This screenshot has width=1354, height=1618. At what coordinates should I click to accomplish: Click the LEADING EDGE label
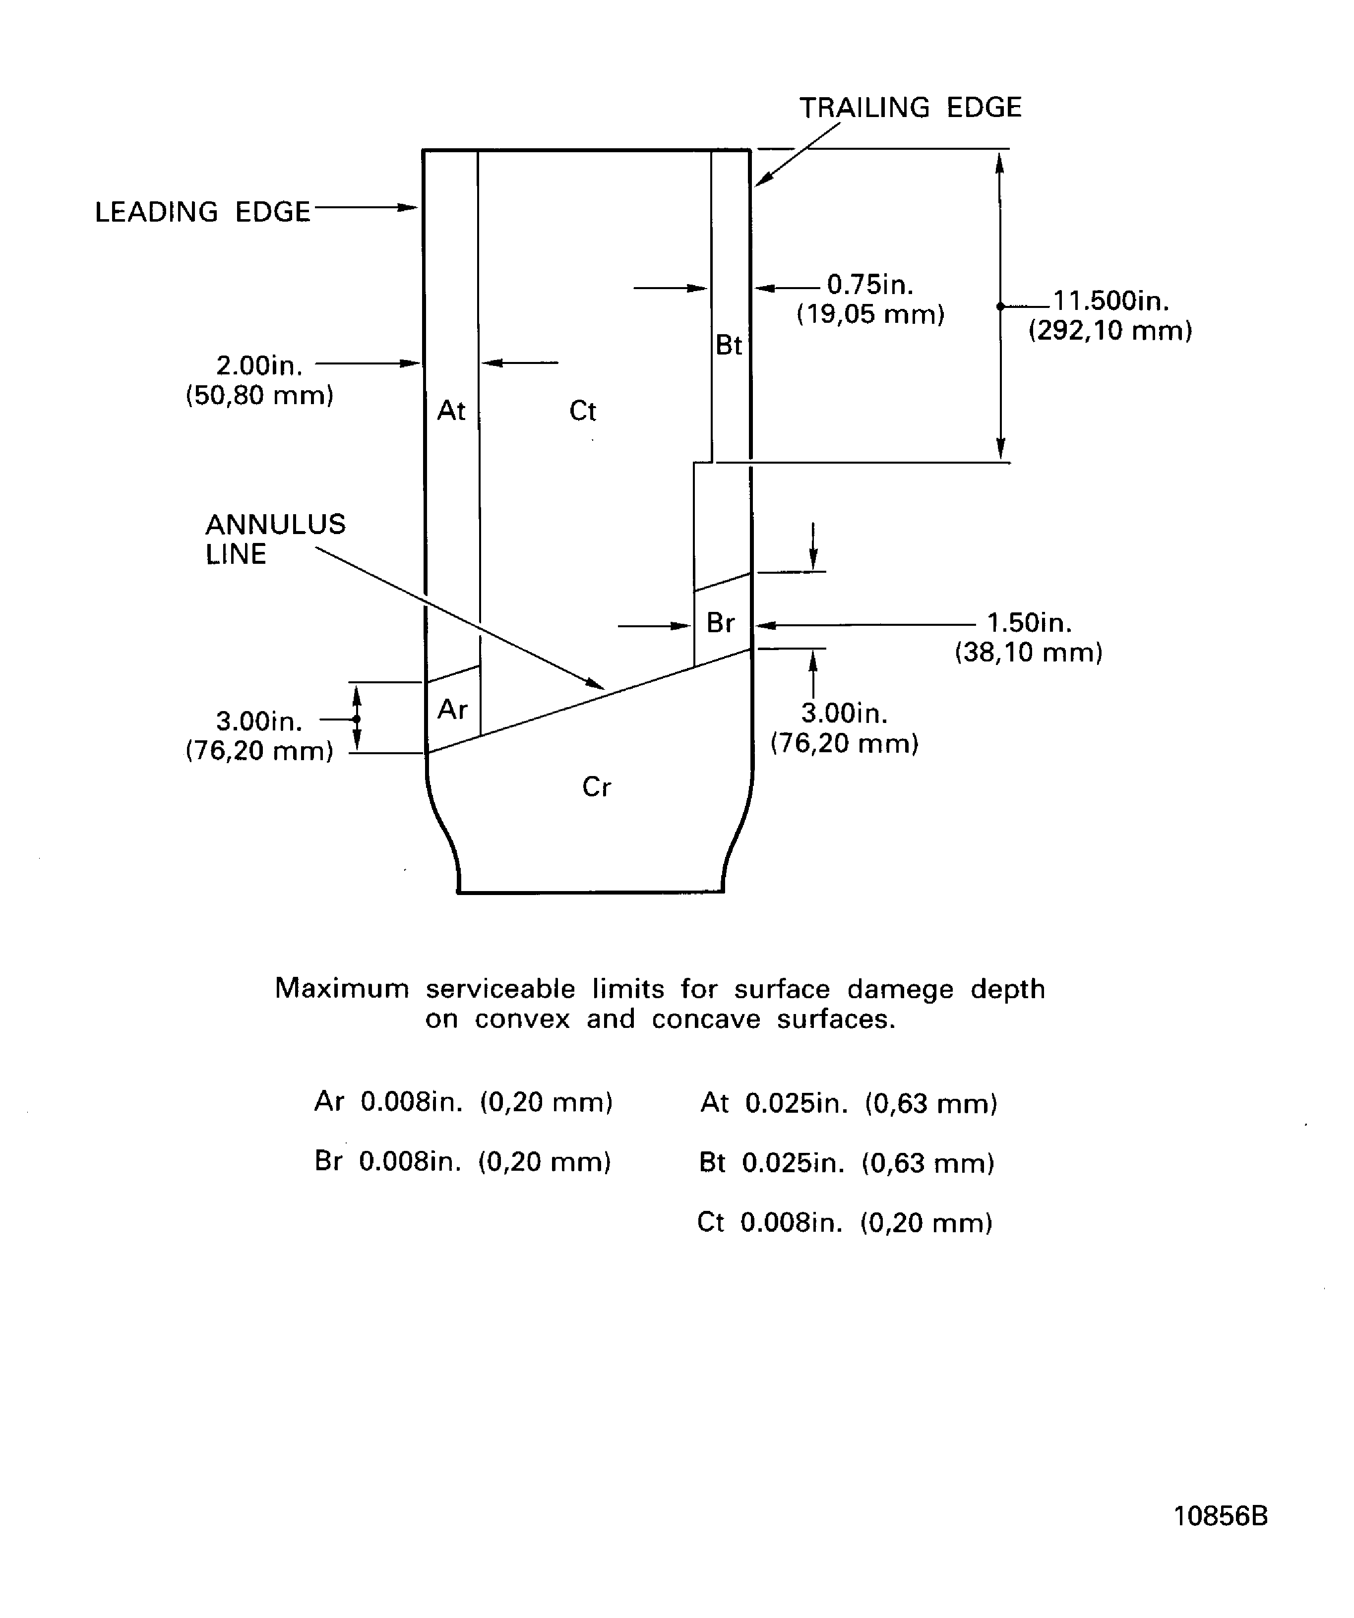pyautogui.click(x=202, y=212)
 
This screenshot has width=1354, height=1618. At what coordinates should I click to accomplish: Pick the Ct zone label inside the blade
pyautogui.click(x=583, y=411)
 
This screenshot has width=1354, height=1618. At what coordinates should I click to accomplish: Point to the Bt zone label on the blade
pyautogui.click(x=728, y=345)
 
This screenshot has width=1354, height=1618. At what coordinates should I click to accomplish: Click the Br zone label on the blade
pyautogui.click(x=721, y=622)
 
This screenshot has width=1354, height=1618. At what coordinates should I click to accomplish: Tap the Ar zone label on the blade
pyautogui.click(x=452, y=709)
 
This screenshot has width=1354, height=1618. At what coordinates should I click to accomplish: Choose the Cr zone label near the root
pyautogui.click(x=597, y=786)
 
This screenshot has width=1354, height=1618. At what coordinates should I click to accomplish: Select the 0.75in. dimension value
pyautogui.click(x=870, y=285)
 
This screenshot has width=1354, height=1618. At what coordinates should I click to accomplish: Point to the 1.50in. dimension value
pyautogui.click(x=1029, y=622)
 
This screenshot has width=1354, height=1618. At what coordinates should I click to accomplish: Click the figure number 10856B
pyautogui.click(x=1220, y=1515)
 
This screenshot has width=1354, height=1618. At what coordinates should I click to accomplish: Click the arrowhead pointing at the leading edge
pyautogui.click(x=409, y=207)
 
